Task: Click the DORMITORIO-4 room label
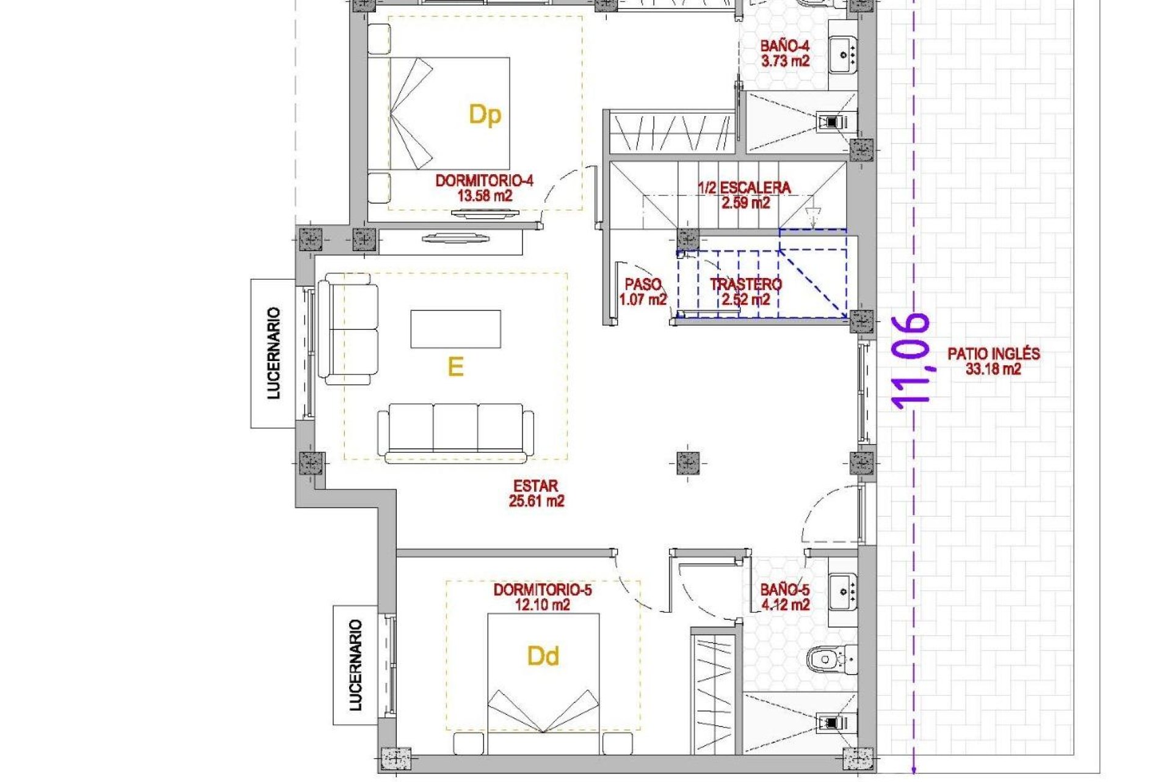(484, 188)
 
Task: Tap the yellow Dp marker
(485, 115)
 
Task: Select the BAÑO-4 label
(784, 53)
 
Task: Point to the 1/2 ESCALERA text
(745, 195)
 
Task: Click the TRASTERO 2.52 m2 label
(745, 291)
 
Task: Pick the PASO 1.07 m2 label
(643, 291)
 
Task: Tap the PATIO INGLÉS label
(993, 360)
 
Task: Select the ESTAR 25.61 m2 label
(536, 493)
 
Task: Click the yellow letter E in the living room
(455, 367)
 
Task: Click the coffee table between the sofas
(455, 329)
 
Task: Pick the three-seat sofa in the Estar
(455, 432)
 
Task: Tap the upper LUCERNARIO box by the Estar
(273, 353)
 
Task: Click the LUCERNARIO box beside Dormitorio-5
(355, 665)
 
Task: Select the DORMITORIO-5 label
(543, 597)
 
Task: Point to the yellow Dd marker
(543, 657)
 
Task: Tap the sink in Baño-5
(844, 591)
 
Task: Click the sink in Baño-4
(844, 54)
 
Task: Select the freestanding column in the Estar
(688, 463)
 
